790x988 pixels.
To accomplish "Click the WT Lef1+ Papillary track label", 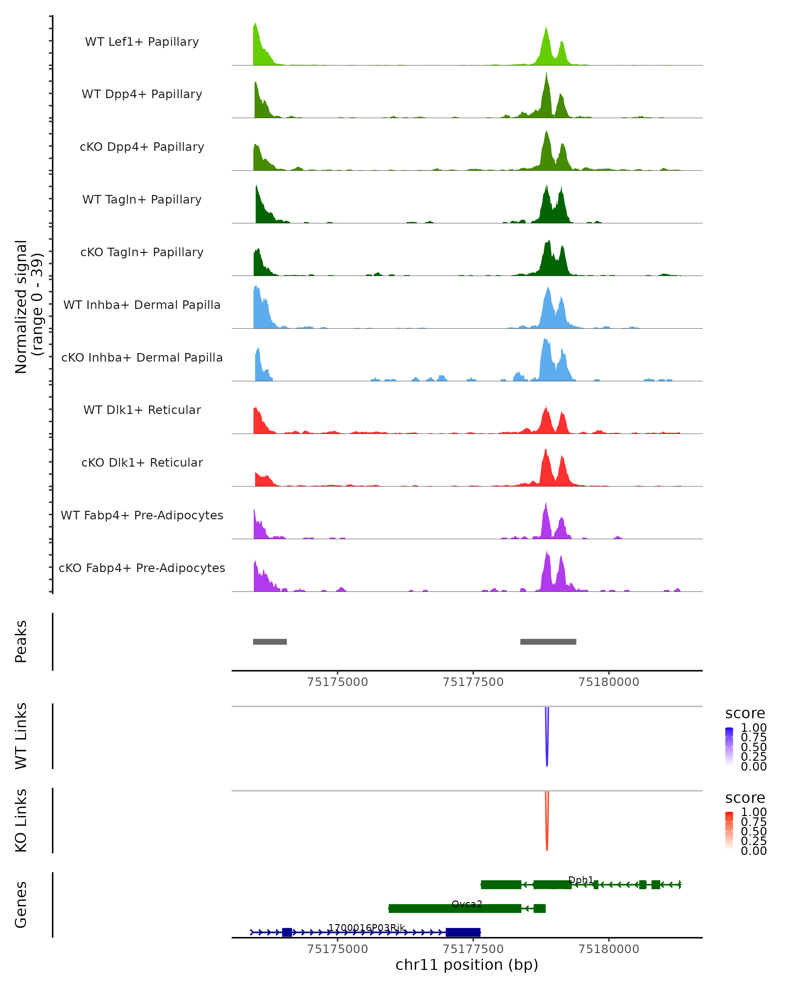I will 142,42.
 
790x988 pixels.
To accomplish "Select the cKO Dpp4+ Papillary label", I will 142,147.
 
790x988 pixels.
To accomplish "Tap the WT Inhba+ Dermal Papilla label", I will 142,305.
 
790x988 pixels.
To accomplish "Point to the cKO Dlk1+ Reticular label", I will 142,463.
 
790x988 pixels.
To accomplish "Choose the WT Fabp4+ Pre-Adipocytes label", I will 142,515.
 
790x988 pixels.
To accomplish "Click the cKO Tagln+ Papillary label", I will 142,253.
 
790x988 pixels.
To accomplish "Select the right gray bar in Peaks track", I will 548,642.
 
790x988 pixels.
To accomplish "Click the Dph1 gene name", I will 581,880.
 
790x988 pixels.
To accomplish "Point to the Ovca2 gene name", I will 467,904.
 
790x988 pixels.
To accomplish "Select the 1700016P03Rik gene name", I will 366,928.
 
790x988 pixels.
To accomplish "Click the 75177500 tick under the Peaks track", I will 473,682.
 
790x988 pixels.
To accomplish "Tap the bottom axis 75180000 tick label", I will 609,949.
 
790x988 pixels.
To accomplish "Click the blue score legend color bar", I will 729,747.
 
